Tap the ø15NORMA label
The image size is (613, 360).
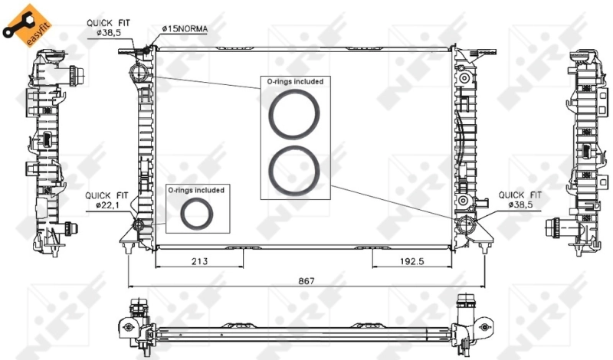[184, 28]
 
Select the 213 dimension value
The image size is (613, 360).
[199, 261]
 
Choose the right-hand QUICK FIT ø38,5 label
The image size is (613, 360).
[520, 200]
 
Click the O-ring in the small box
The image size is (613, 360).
[197, 215]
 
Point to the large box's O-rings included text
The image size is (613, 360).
[294, 81]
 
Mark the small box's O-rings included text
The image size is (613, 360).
[196, 189]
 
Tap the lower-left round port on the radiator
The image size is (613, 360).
[139, 225]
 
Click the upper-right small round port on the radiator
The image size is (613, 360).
[464, 77]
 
